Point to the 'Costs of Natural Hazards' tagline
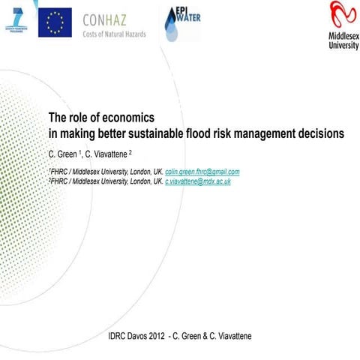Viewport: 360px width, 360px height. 115,34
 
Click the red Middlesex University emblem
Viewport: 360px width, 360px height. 343,15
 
